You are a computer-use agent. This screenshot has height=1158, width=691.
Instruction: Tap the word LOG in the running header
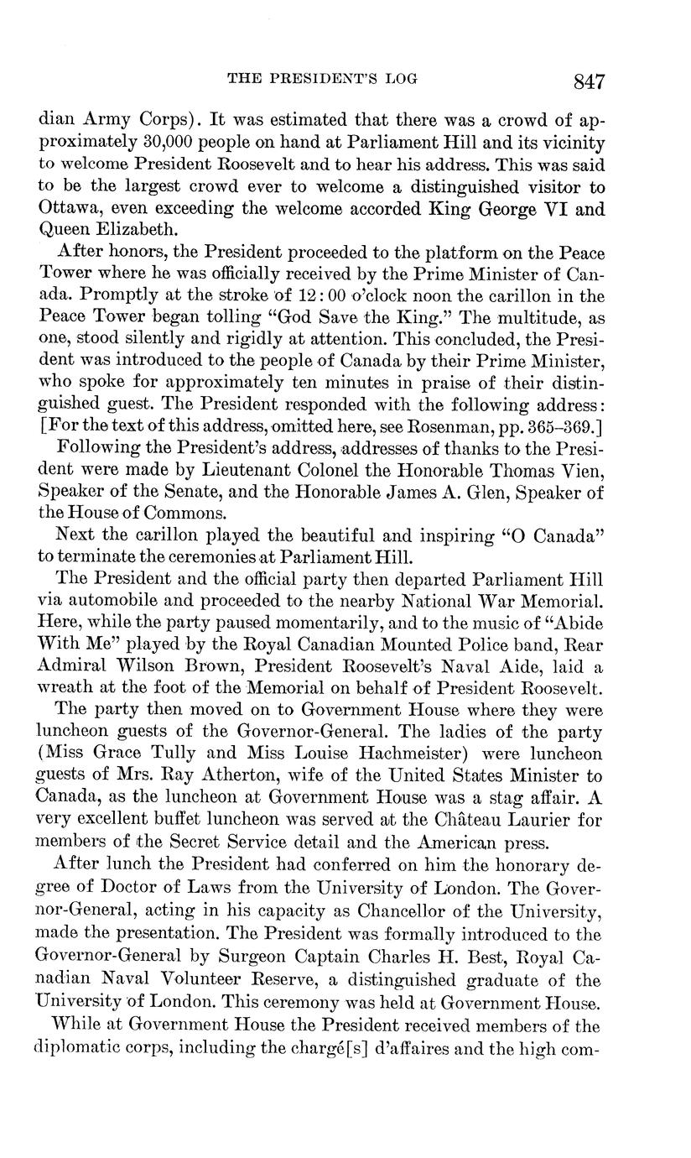point(399,80)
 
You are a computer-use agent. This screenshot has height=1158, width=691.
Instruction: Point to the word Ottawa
point(69,209)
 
